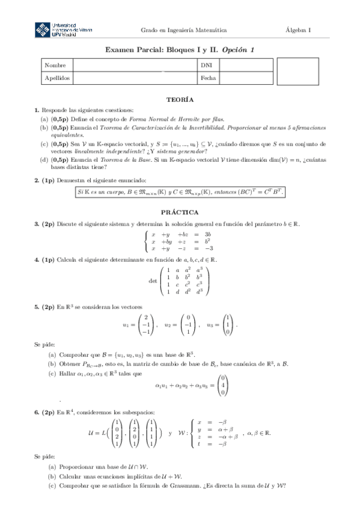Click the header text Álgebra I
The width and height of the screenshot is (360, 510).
click(299, 30)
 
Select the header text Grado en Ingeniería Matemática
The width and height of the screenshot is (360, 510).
click(183, 30)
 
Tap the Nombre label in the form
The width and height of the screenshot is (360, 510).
click(54, 65)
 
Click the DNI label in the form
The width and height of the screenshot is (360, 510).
click(206, 65)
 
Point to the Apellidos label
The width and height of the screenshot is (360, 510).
click(58, 78)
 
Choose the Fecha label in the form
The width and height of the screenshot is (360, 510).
click(208, 78)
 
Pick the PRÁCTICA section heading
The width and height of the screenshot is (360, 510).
click(180, 212)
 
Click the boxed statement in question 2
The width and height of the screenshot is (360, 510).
click(180, 192)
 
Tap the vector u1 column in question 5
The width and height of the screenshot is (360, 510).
click(147, 325)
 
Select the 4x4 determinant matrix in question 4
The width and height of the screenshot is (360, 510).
click(185, 280)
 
